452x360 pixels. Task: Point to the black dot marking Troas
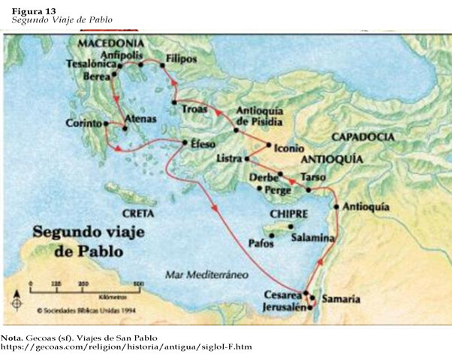[173, 102]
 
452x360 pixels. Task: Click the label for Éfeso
[203, 142]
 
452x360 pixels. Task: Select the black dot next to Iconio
[270, 145]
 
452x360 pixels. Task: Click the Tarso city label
[312, 177]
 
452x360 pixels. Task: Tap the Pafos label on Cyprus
[259, 244]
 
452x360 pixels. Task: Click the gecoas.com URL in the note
[126, 347]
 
